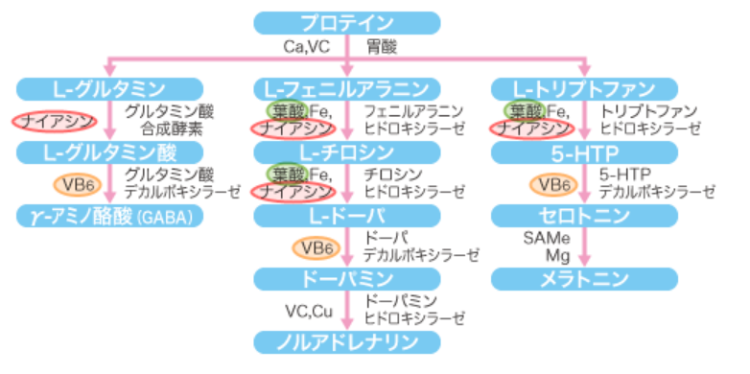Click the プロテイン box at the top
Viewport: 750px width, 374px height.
[347, 22]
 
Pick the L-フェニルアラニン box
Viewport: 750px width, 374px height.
[347, 89]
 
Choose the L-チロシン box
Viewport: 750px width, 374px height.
[347, 152]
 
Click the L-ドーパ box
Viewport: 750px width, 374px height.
[347, 216]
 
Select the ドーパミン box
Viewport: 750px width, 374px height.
[347, 279]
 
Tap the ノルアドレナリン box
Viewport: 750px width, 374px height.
[347, 341]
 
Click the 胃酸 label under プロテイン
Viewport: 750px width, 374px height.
[381, 46]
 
